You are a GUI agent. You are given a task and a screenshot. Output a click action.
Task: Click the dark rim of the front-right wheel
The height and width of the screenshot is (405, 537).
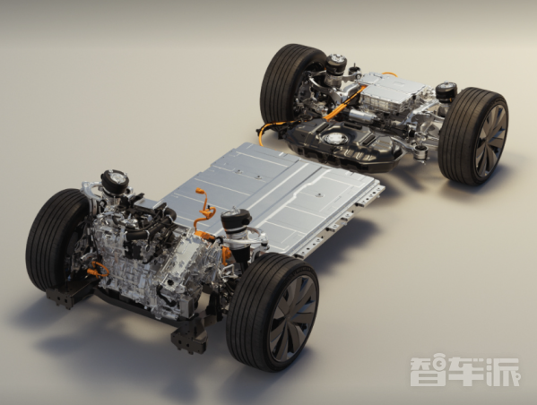pos(293,314)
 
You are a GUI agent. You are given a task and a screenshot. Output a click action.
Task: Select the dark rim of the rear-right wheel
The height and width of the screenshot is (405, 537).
pos(490,141)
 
